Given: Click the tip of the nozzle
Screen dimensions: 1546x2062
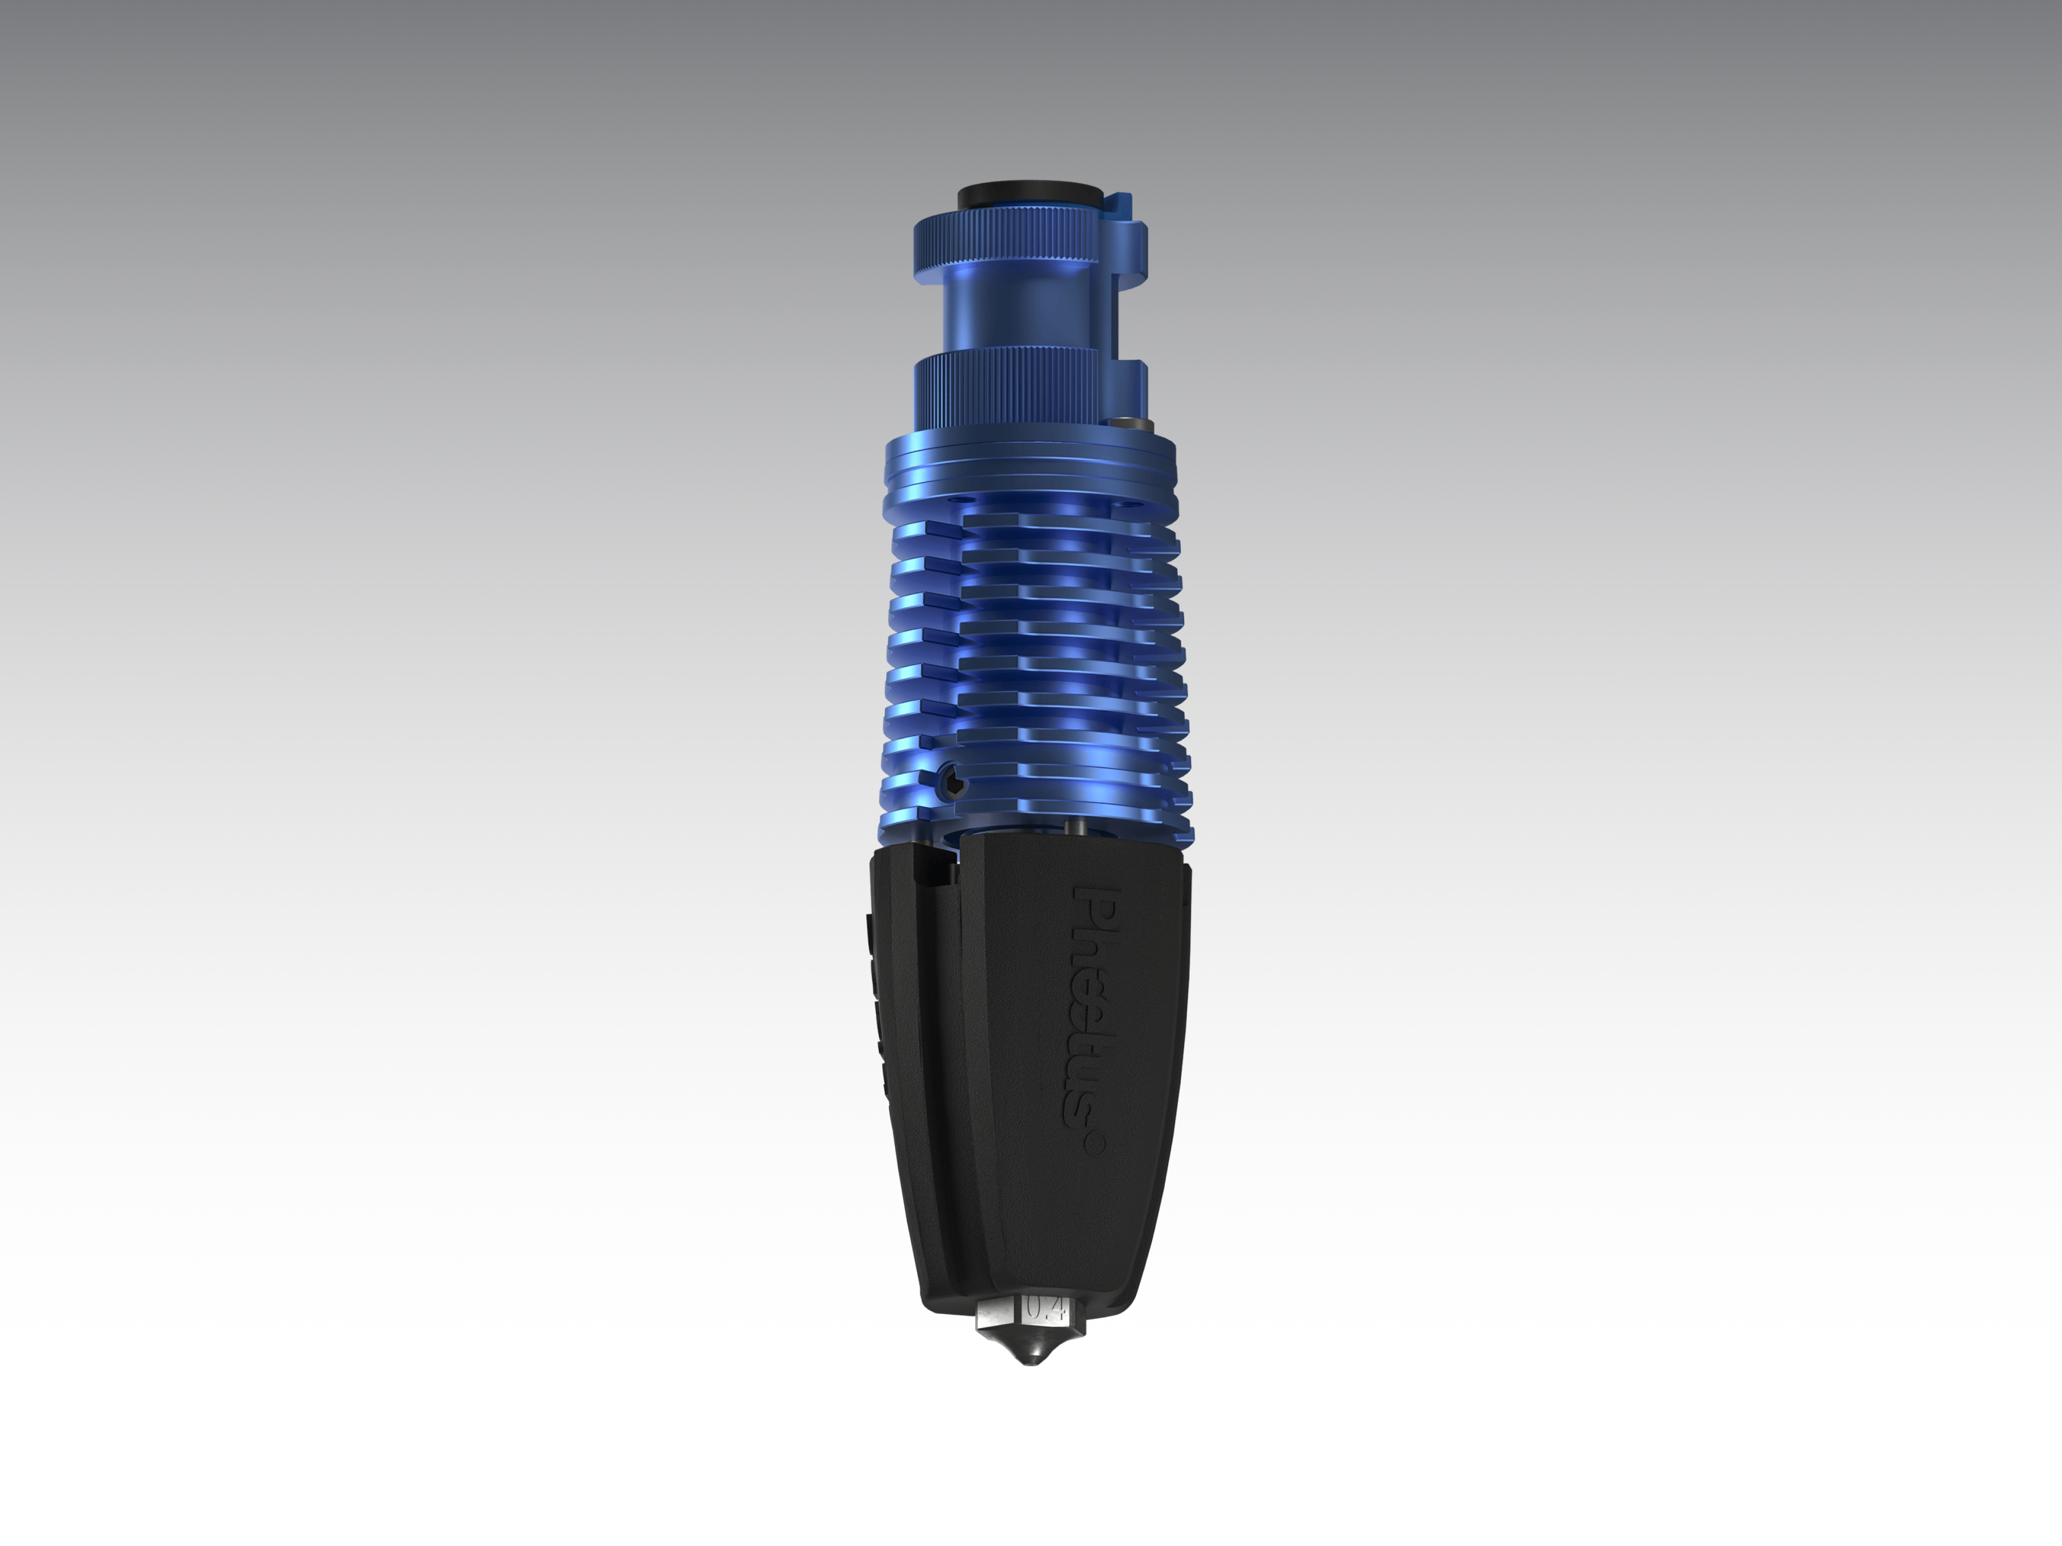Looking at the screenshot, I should coord(1030,1363).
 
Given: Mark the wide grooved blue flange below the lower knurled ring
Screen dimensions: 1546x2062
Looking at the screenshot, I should coord(1030,470).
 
